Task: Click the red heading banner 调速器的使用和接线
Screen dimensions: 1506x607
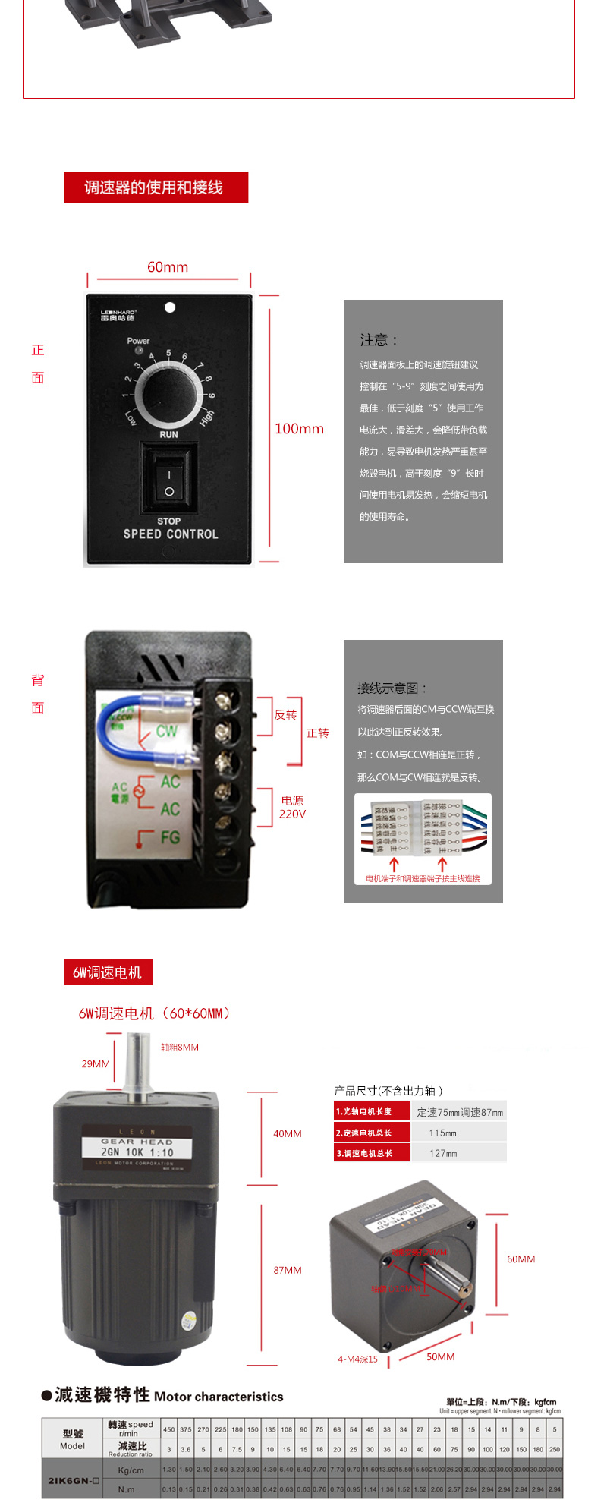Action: point(156,187)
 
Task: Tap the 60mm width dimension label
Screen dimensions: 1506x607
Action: point(168,267)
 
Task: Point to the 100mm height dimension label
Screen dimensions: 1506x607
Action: point(299,429)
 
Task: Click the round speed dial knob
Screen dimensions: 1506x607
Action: point(168,394)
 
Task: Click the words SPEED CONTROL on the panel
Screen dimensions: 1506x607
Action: point(171,534)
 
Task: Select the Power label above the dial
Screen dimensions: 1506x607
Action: point(138,341)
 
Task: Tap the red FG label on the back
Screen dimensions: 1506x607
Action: point(168,837)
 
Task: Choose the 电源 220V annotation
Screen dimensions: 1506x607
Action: point(292,807)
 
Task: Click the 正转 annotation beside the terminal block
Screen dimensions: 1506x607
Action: point(317,733)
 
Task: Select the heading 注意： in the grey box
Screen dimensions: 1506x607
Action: point(379,340)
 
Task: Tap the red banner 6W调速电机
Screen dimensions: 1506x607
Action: point(108,972)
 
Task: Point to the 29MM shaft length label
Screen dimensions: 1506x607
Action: point(96,1063)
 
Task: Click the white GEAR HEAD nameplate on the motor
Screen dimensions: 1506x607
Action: point(137,1147)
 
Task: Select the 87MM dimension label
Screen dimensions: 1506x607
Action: point(288,1270)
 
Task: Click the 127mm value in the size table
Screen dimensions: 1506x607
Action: point(442,1153)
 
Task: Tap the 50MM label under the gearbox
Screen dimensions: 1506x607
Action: point(440,1356)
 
